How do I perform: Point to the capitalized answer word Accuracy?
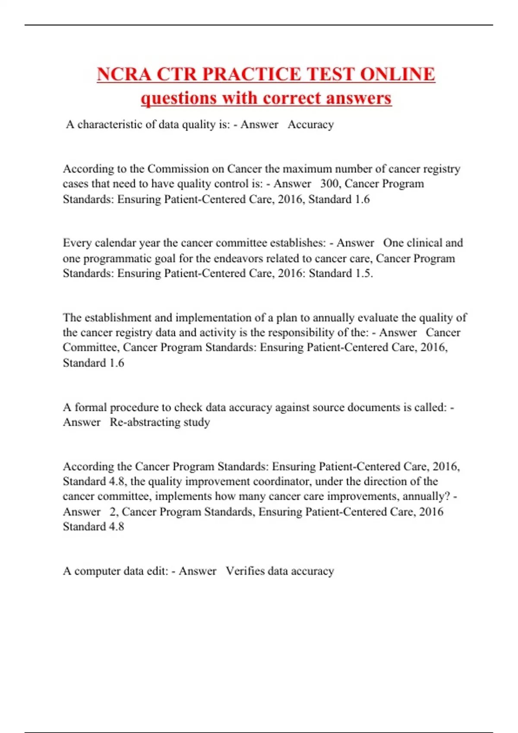coord(310,125)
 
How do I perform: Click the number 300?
coord(329,184)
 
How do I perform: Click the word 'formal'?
coord(91,407)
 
